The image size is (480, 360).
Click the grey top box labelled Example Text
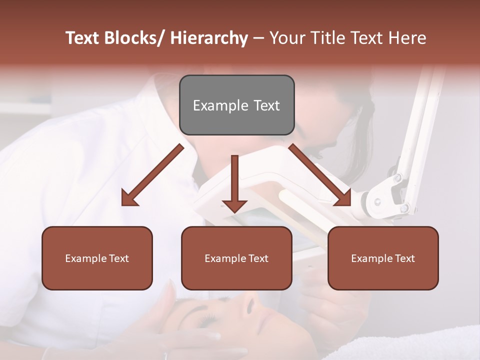(x=236, y=105)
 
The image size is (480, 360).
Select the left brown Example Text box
(x=97, y=258)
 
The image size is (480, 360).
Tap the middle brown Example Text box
(x=236, y=258)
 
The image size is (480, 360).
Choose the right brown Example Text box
(x=383, y=258)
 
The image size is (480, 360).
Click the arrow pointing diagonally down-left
(x=152, y=175)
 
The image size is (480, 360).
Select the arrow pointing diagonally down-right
(x=320, y=175)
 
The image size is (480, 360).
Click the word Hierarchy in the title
(x=209, y=38)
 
